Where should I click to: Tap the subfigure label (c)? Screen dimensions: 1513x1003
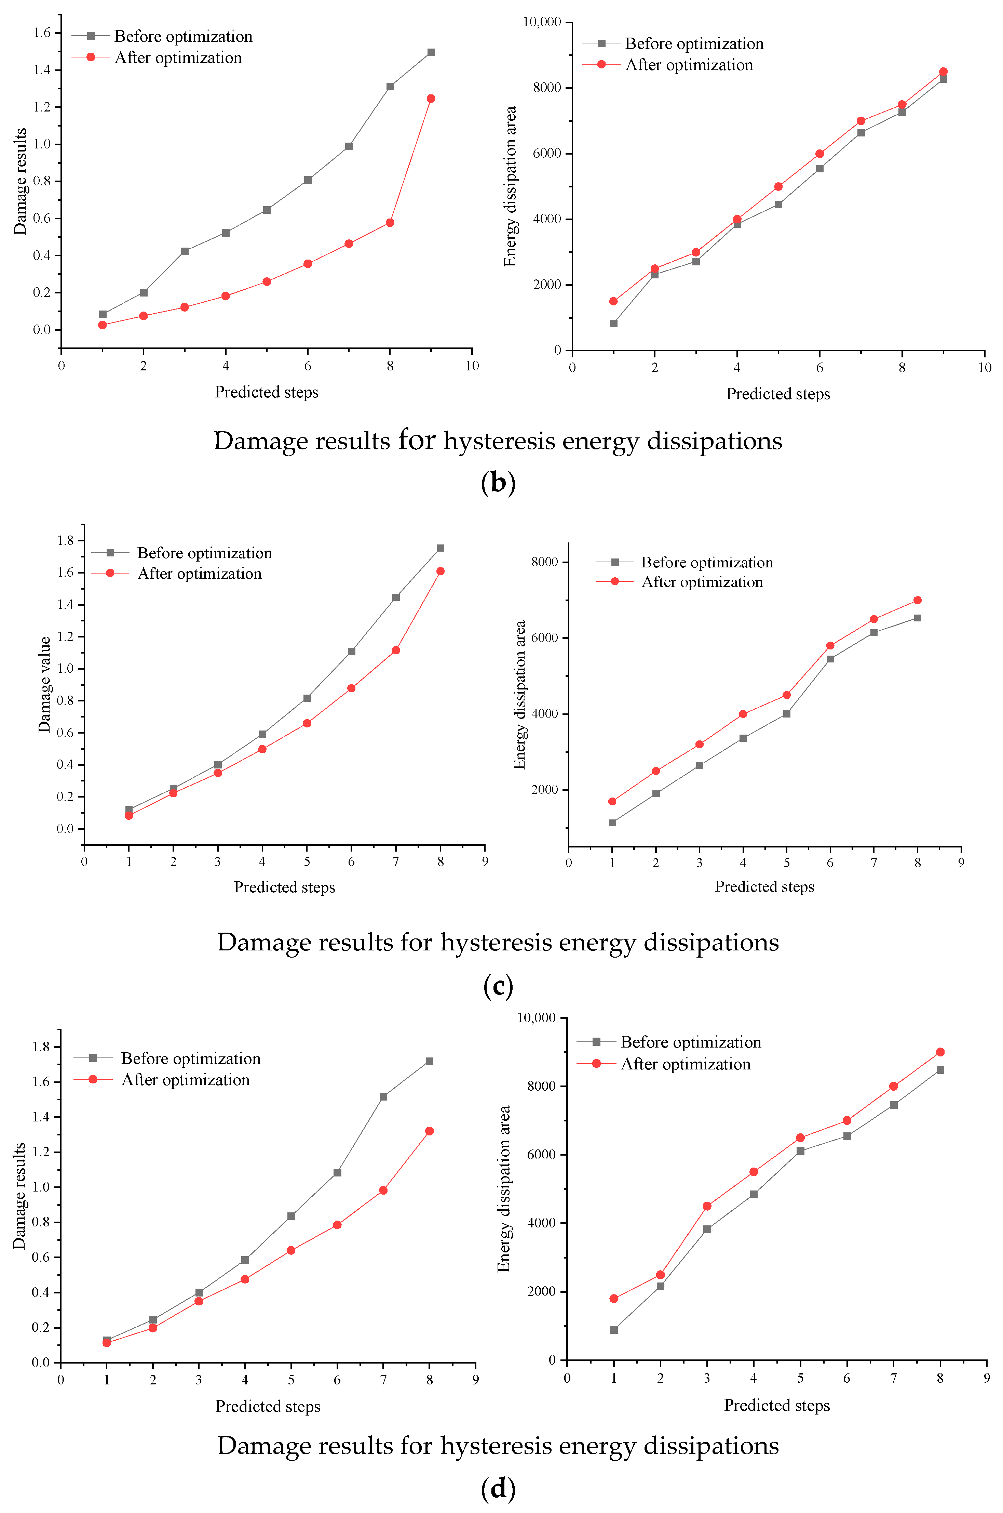click(x=498, y=986)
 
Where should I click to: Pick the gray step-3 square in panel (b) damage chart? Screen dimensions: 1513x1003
click(x=185, y=251)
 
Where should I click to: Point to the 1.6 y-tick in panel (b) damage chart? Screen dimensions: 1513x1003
click(x=42, y=32)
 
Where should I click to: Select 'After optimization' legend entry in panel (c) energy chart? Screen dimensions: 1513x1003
click(x=702, y=582)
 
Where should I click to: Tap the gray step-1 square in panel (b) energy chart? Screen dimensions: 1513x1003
click(x=613, y=323)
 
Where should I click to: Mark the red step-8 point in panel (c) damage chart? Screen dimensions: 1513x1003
click(x=440, y=571)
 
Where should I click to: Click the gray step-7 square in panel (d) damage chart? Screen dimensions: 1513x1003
click(x=383, y=1096)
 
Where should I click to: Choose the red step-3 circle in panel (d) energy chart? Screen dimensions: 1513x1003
click(x=707, y=1206)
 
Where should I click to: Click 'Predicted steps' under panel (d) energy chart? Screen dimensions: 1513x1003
click(x=776, y=1406)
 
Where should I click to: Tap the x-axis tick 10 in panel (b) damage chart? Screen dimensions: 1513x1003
click(x=472, y=366)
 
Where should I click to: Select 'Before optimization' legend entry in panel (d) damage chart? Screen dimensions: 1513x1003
click(x=191, y=1058)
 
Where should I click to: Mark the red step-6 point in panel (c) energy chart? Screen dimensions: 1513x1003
click(x=830, y=646)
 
